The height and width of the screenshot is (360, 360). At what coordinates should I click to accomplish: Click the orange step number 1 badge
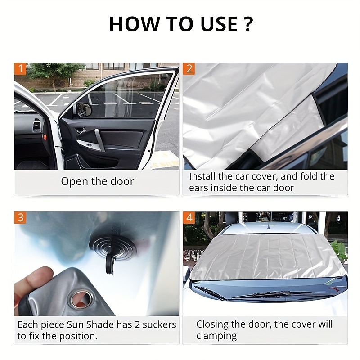point(20,69)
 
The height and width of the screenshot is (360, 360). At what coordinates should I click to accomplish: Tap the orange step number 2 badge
point(189,69)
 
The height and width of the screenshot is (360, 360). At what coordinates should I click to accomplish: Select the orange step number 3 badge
point(20,218)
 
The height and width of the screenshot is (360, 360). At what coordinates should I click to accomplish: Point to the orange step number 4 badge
point(189,218)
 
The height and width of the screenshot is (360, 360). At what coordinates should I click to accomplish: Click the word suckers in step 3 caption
point(159,324)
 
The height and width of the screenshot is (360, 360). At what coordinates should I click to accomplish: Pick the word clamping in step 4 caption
point(217,336)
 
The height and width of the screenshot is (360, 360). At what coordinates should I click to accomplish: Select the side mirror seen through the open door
point(84,109)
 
